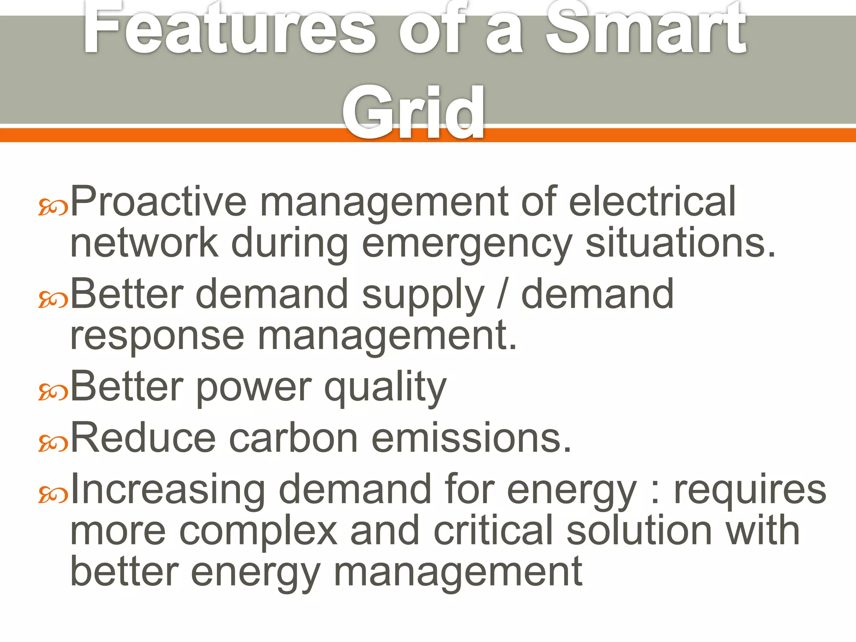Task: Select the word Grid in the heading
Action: [x=413, y=112]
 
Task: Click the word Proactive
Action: [x=159, y=201]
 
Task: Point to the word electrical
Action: [x=652, y=201]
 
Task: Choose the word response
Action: [x=157, y=337]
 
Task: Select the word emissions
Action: [x=471, y=438]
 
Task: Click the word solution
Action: [x=639, y=531]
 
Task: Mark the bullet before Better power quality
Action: [x=53, y=392]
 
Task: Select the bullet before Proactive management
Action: [x=53, y=207]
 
